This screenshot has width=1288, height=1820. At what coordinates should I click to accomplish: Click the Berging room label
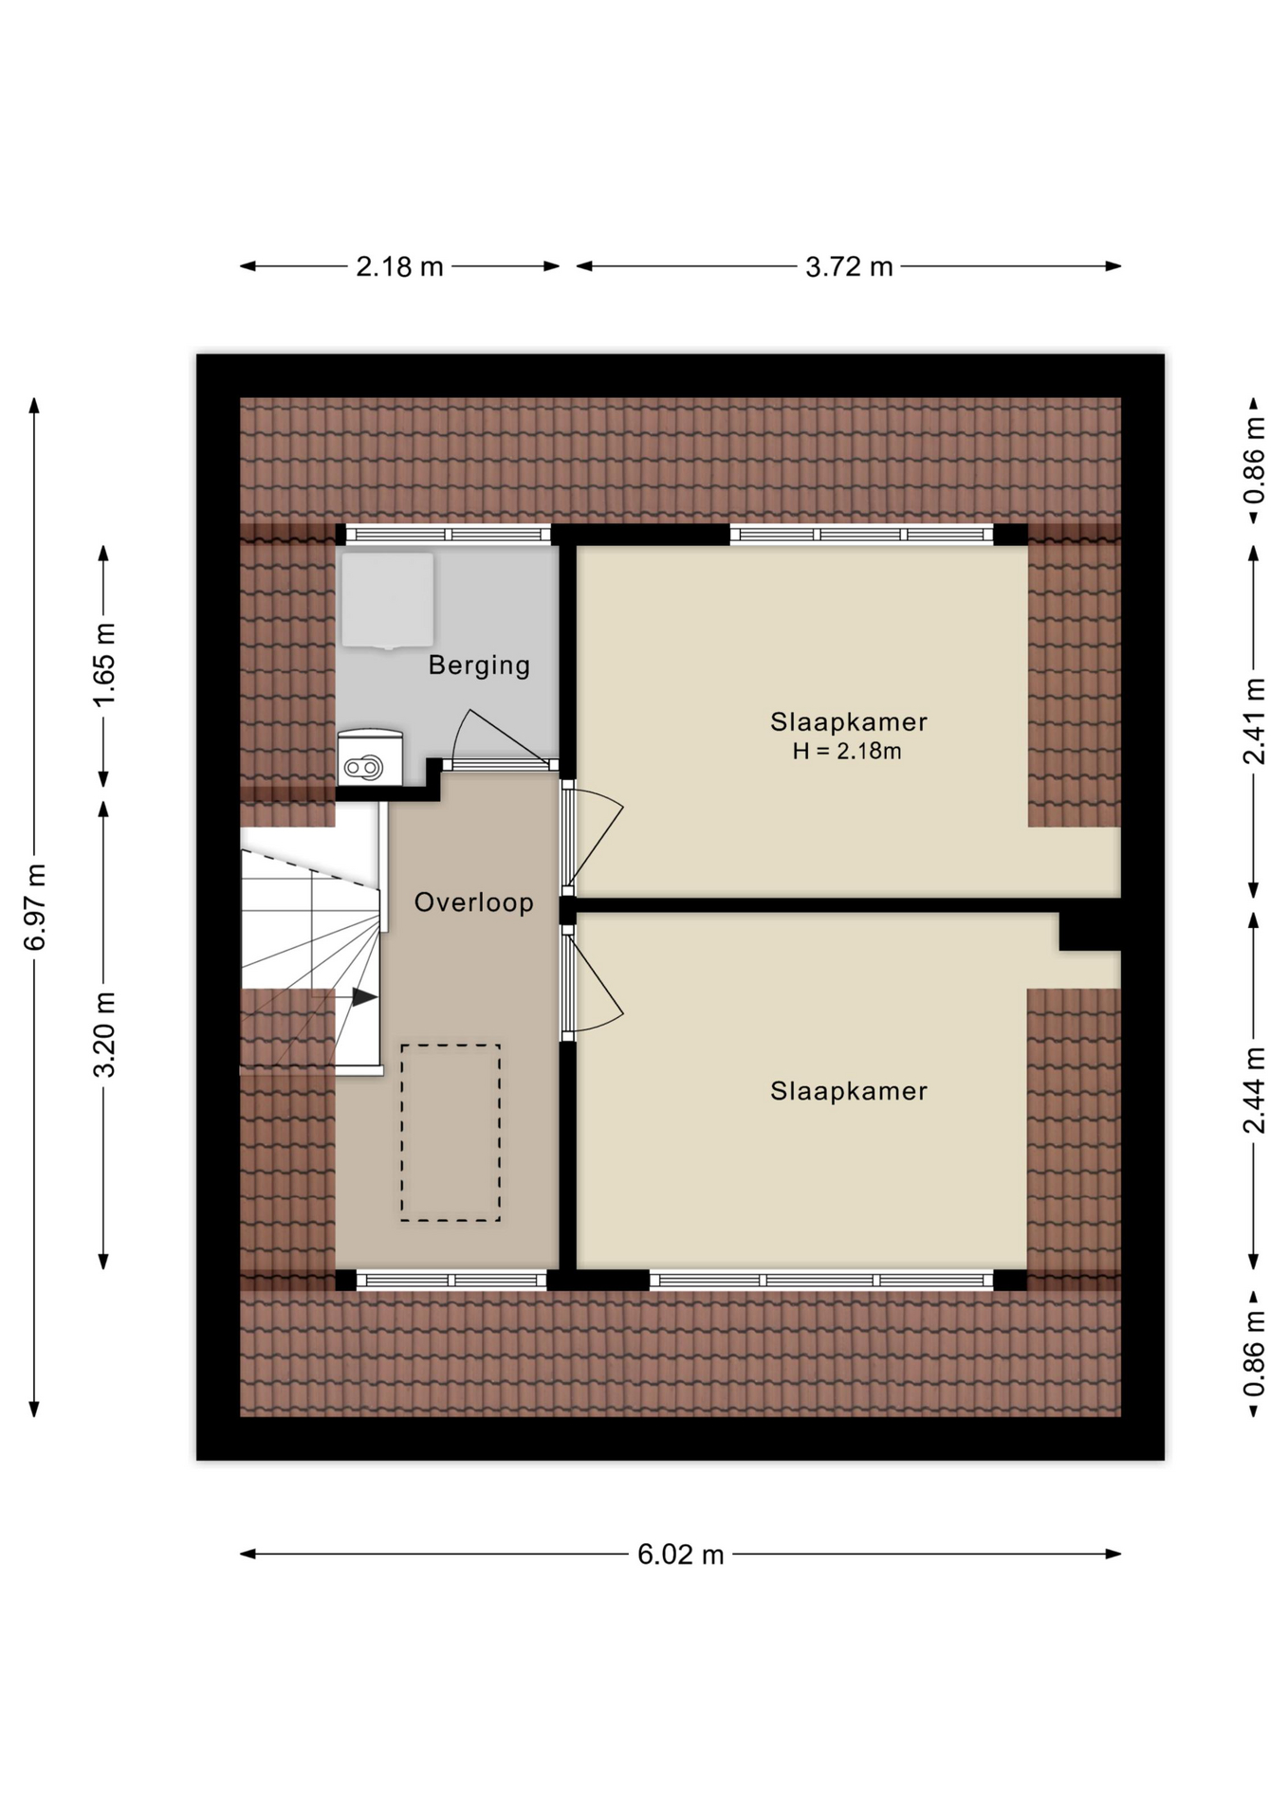(x=479, y=664)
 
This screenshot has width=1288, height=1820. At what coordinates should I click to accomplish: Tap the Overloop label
(x=474, y=902)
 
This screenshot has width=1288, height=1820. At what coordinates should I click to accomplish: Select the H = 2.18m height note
(x=847, y=752)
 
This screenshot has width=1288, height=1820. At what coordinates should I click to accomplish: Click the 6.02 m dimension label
(x=680, y=1555)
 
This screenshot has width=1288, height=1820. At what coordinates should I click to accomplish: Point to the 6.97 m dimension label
(x=34, y=907)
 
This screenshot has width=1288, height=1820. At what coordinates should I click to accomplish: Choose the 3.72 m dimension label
(x=849, y=266)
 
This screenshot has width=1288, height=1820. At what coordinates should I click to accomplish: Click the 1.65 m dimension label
(x=103, y=664)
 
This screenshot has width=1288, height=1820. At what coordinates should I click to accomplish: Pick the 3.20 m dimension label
(x=103, y=1034)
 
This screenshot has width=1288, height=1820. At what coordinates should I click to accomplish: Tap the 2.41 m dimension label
(x=1254, y=721)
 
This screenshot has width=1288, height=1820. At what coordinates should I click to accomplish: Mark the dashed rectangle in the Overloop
(x=451, y=1132)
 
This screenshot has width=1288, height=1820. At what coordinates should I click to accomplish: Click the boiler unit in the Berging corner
(x=370, y=757)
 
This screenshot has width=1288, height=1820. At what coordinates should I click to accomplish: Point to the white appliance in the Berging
(x=388, y=600)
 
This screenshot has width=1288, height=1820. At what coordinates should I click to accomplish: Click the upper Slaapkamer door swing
(x=594, y=838)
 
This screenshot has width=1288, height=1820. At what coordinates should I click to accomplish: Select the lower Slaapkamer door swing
(x=594, y=983)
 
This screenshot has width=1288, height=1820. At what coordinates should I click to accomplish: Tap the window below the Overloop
(x=451, y=1280)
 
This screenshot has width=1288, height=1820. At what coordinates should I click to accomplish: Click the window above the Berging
(x=448, y=535)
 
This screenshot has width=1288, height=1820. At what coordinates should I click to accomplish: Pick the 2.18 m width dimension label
(x=399, y=266)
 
